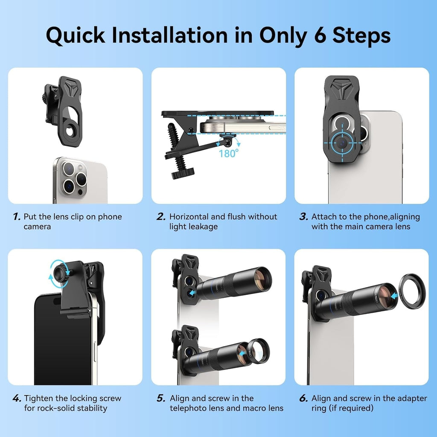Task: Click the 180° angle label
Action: pyautogui.click(x=229, y=153)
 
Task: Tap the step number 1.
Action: pyautogui.click(x=17, y=216)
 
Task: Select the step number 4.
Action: pyautogui.click(x=17, y=398)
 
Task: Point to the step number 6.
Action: pyautogui.click(x=303, y=398)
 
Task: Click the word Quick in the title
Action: pyautogui.click(x=76, y=36)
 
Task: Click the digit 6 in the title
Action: pyautogui.click(x=320, y=35)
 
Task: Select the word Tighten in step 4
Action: pyautogui.click(x=38, y=399)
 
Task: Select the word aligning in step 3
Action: pyautogui.click(x=404, y=217)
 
